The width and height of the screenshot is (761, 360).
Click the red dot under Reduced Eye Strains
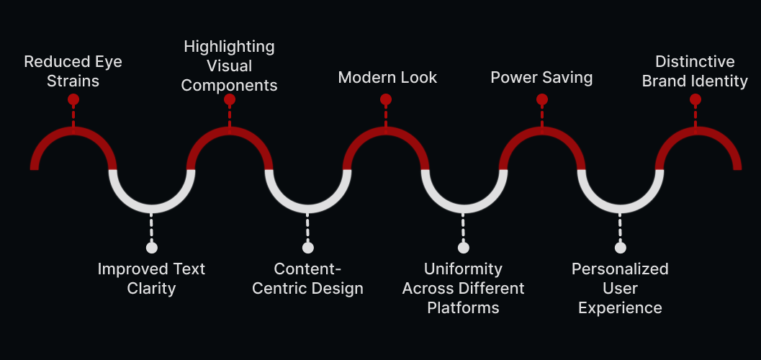[x=73, y=99]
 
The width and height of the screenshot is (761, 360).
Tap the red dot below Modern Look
[x=386, y=99]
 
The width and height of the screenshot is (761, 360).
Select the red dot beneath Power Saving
[x=542, y=99]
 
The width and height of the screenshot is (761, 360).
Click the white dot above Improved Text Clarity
[x=151, y=248]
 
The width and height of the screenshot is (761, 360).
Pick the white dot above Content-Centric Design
[x=307, y=248]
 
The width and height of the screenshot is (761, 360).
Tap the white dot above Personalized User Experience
[x=620, y=248]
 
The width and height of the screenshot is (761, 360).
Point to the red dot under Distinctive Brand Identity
[x=695, y=99]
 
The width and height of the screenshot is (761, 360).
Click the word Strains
[x=73, y=81]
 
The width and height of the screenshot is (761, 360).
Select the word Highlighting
[x=229, y=47]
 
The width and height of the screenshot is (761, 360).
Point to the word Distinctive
[x=695, y=61]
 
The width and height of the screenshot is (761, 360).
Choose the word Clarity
[x=151, y=289]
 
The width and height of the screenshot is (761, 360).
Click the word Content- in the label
[x=307, y=269]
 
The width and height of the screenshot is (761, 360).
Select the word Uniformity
[x=463, y=269]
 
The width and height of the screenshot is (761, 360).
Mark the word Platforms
[x=463, y=308]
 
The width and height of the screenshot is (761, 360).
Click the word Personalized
[x=620, y=269]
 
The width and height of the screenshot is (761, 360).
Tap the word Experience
[x=620, y=308]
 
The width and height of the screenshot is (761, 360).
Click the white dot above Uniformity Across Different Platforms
[x=464, y=248]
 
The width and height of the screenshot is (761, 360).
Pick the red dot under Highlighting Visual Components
[x=229, y=99]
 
